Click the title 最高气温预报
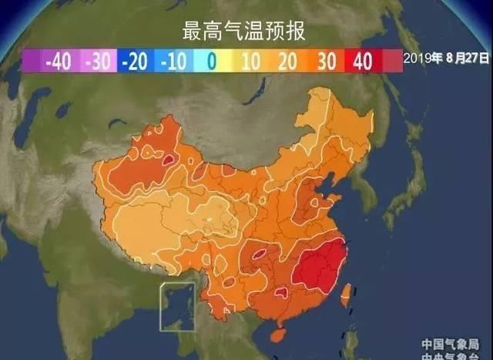point(244,32)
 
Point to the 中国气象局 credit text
point(452,341)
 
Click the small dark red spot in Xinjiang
point(167,160)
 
